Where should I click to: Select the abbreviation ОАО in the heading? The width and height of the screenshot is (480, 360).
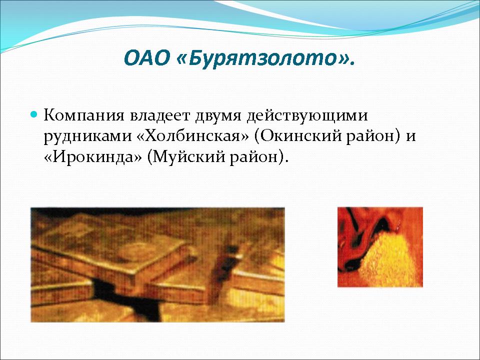[x=147, y=58]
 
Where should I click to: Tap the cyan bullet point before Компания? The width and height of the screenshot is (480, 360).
[x=34, y=115]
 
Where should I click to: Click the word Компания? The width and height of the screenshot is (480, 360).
[x=83, y=115]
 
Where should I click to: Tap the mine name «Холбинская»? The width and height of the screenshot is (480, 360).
[x=192, y=136]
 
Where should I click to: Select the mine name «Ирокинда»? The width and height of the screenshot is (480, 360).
[x=93, y=156]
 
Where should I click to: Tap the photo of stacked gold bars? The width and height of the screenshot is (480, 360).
[x=157, y=265]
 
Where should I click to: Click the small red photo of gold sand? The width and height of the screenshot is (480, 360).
[x=380, y=247]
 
